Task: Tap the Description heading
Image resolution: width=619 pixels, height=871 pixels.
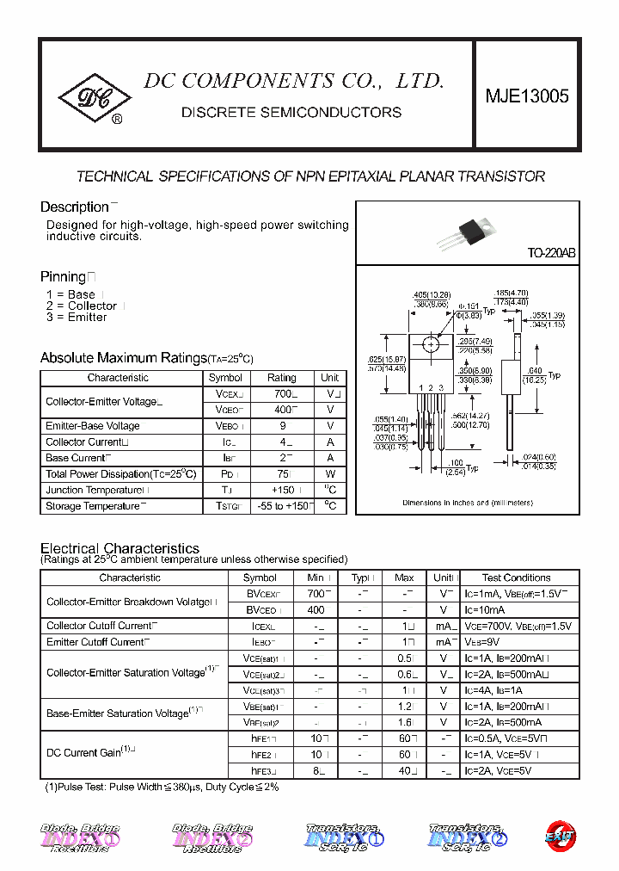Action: pyautogui.click(x=75, y=207)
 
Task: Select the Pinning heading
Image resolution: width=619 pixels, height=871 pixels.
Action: pyautogui.click(x=64, y=276)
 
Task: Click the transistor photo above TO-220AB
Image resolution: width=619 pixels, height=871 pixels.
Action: pyautogui.click(x=468, y=231)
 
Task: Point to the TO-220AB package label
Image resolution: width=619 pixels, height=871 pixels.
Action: pyautogui.click(x=551, y=254)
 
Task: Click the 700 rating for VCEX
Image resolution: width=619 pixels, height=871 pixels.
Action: pyautogui.click(x=281, y=393)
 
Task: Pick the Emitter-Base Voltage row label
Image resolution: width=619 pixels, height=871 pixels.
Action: pyautogui.click(x=93, y=426)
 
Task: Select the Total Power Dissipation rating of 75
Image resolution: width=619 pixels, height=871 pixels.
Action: pyautogui.click(x=281, y=474)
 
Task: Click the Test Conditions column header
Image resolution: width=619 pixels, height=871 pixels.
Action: pyautogui.click(x=516, y=578)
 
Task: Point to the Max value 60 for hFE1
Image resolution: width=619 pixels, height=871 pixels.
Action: pyautogui.click(x=404, y=738)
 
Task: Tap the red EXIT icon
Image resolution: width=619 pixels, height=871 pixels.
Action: pyautogui.click(x=560, y=836)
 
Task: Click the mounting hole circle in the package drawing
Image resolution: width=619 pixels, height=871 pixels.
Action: pyautogui.click(x=429, y=345)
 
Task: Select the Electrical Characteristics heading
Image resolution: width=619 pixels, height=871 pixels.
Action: pyautogui.click(x=120, y=548)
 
